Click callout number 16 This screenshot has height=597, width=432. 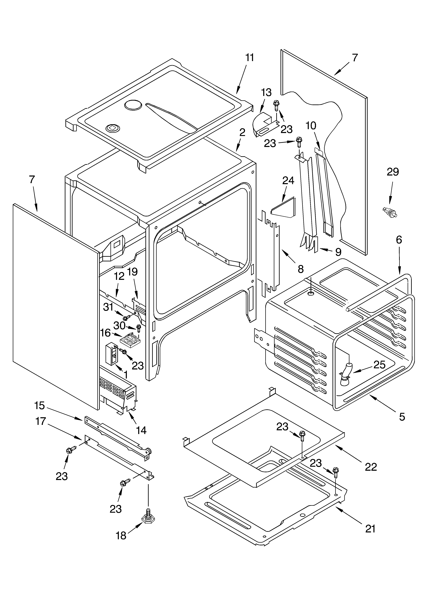click(105, 333)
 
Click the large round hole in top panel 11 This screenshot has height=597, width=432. click(133, 105)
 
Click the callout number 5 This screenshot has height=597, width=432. click(402, 417)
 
